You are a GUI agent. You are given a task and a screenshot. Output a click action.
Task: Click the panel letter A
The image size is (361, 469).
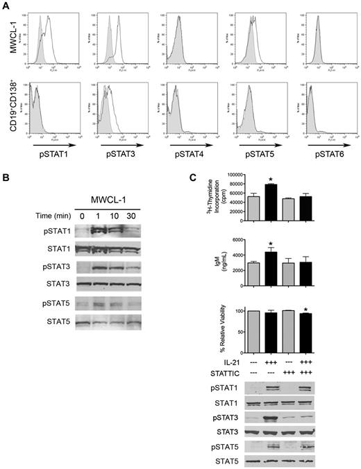[6, 6]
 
